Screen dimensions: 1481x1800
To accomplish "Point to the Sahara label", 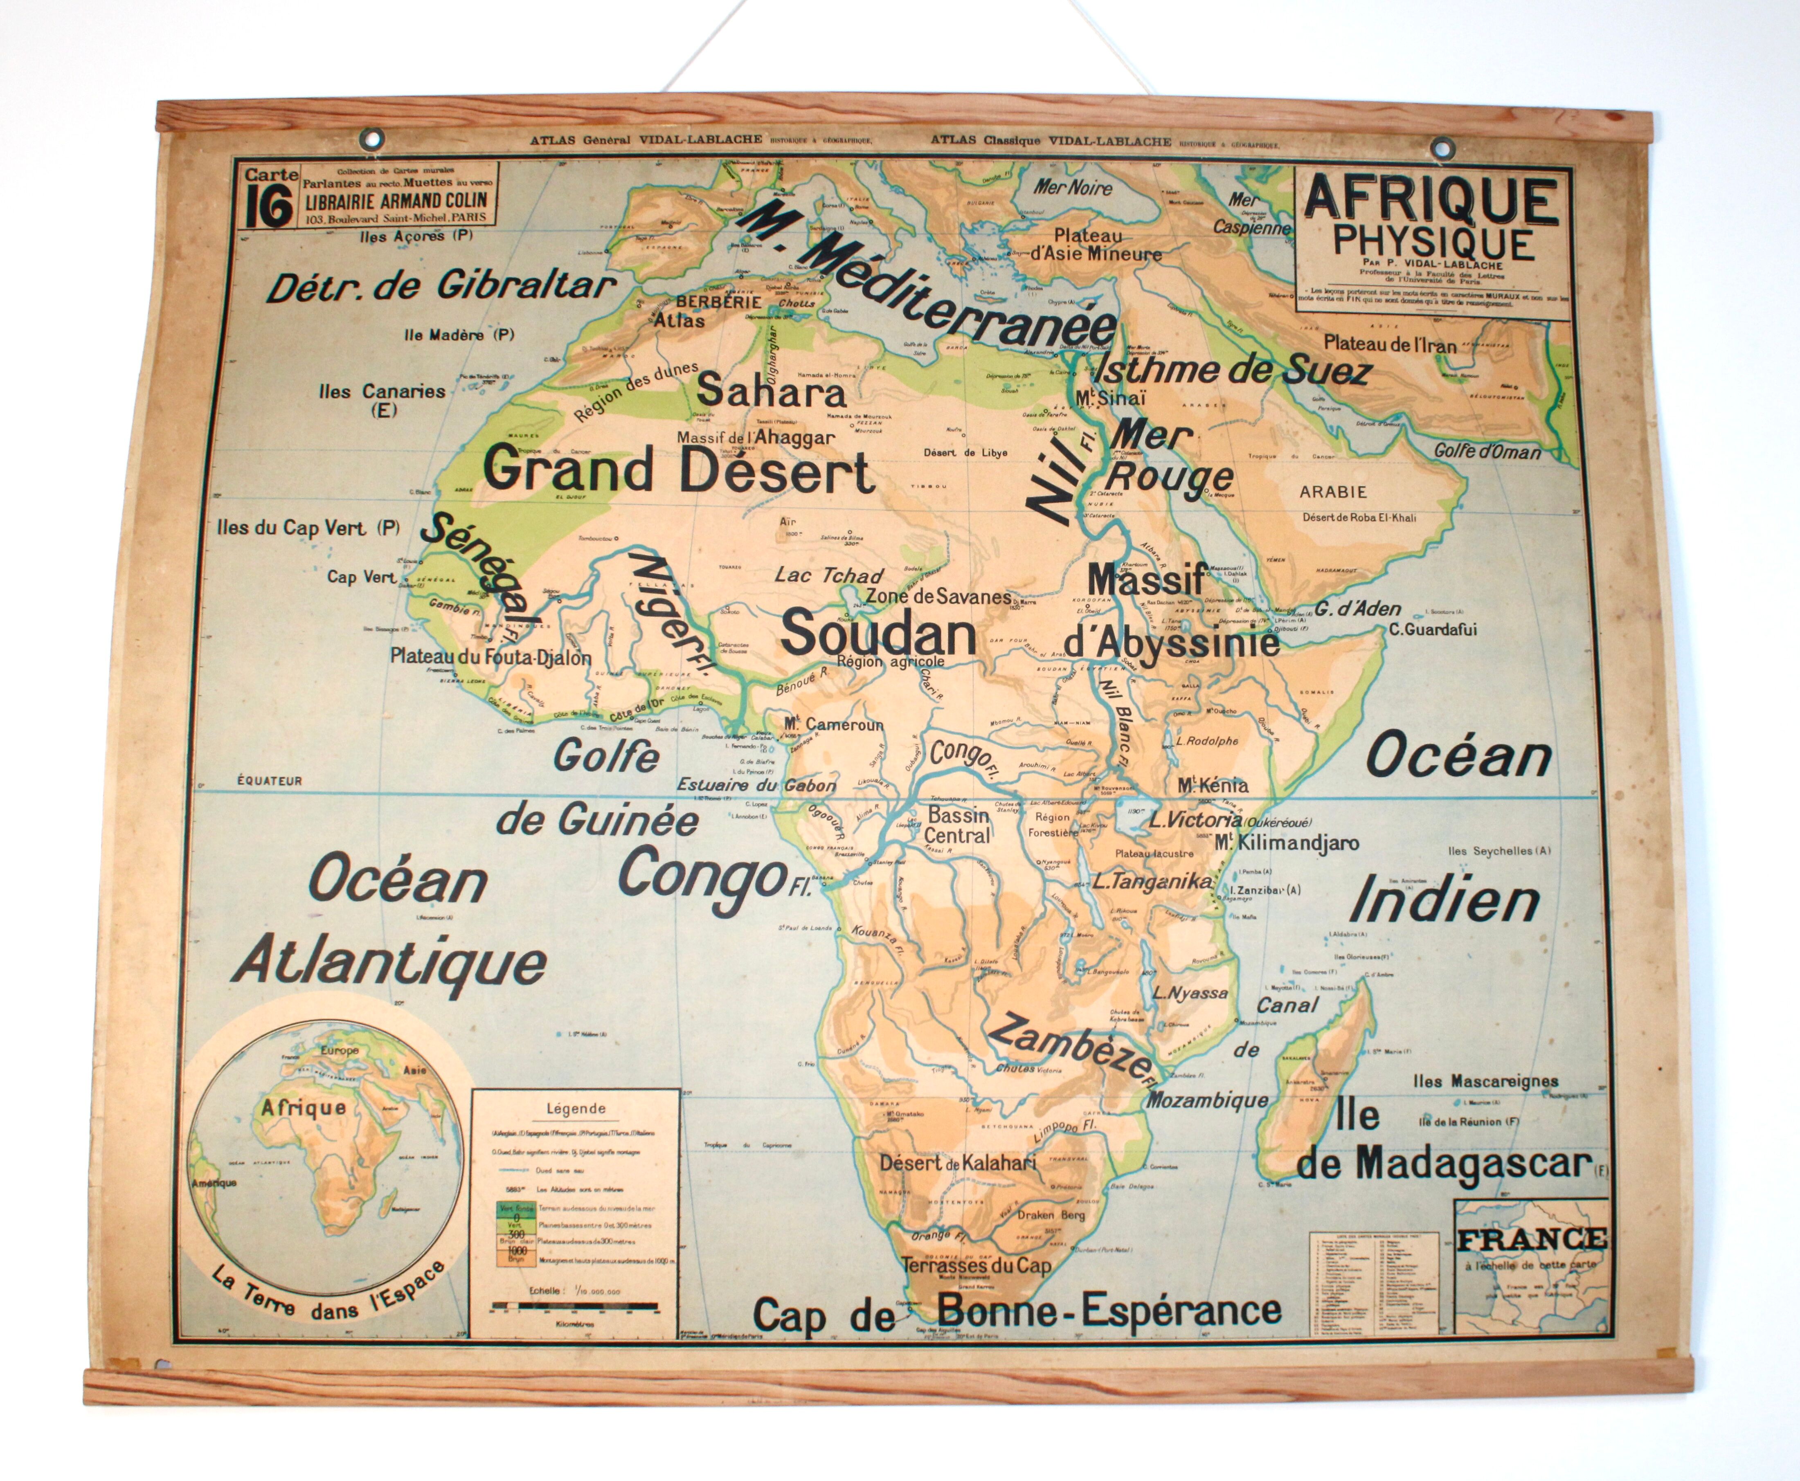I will [771, 391].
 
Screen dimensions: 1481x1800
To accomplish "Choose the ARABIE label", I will [1332, 492].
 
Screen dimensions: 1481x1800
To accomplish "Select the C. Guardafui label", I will [1432, 629].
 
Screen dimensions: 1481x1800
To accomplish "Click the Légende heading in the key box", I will [576, 1109].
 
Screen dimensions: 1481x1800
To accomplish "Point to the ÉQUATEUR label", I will [270, 781].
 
